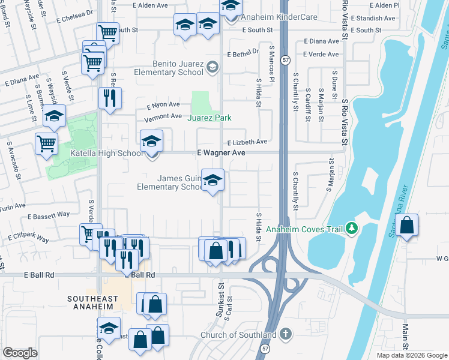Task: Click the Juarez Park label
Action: click(x=209, y=118)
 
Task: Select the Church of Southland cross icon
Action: click(x=286, y=334)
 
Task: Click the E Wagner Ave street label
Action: click(x=221, y=153)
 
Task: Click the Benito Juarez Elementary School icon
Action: click(x=211, y=67)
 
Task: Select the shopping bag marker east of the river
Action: click(x=407, y=226)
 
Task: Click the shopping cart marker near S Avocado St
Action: click(x=46, y=143)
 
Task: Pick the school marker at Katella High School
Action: click(x=152, y=141)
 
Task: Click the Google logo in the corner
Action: click(x=20, y=353)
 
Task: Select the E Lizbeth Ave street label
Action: click(x=247, y=142)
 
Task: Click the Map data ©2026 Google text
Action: click(x=412, y=355)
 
